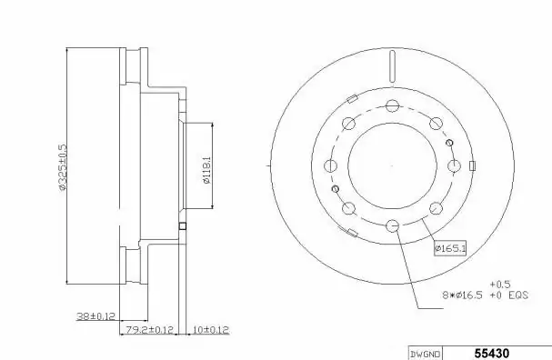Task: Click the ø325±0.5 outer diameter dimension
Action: (x=62, y=166)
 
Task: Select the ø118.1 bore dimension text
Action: (x=206, y=170)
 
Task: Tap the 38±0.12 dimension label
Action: (x=95, y=316)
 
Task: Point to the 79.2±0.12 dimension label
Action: (x=150, y=330)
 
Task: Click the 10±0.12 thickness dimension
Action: (x=211, y=330)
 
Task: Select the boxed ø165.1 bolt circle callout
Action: (x=450, y=248)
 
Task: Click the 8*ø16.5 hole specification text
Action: (x=462, y=295)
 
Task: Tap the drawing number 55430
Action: (x=492, y=354)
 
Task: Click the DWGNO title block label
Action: (x=426, y=354)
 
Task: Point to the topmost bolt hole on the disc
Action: (x=392, y=105)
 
